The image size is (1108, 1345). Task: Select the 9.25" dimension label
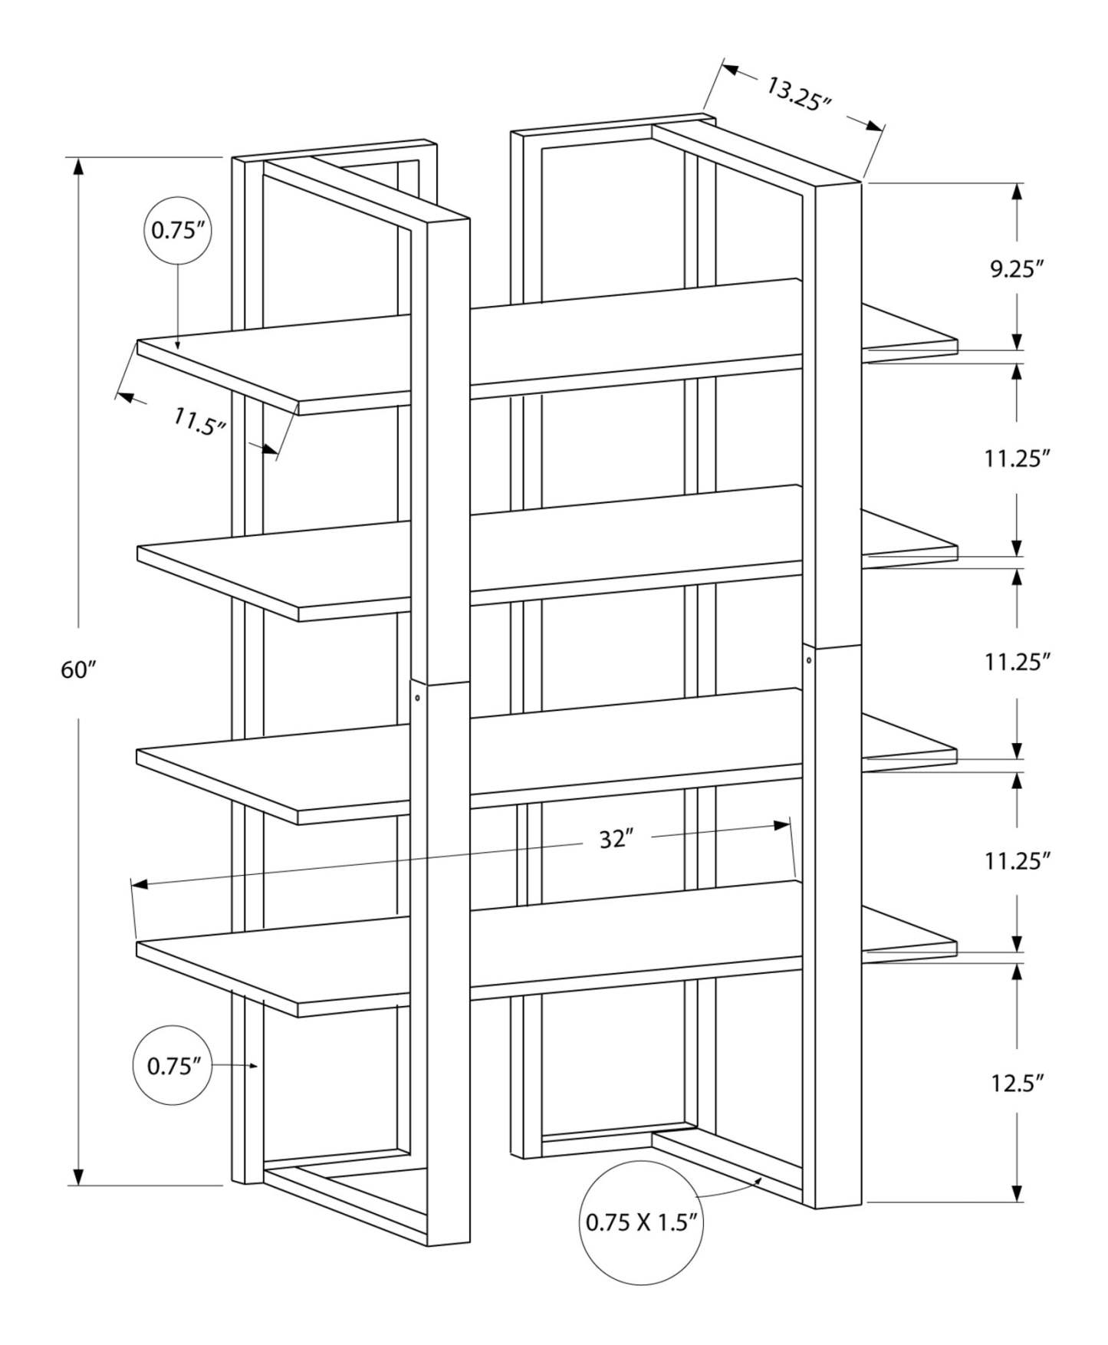(x=1017, y=269)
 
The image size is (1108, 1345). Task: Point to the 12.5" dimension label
(x=1017, y=1083)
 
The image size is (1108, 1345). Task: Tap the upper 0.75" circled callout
(x=178, y=230)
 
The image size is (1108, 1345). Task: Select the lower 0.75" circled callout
(x=173, y=1066)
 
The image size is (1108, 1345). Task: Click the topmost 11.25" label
(x=1017, y=459)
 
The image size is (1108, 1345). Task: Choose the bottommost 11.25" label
(x=1017, y=861)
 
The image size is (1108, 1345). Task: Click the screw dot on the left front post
(x=417, y=698)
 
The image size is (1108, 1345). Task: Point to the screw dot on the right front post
(x=809, y=659)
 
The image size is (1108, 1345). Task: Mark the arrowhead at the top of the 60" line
(x=77, y=165)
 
